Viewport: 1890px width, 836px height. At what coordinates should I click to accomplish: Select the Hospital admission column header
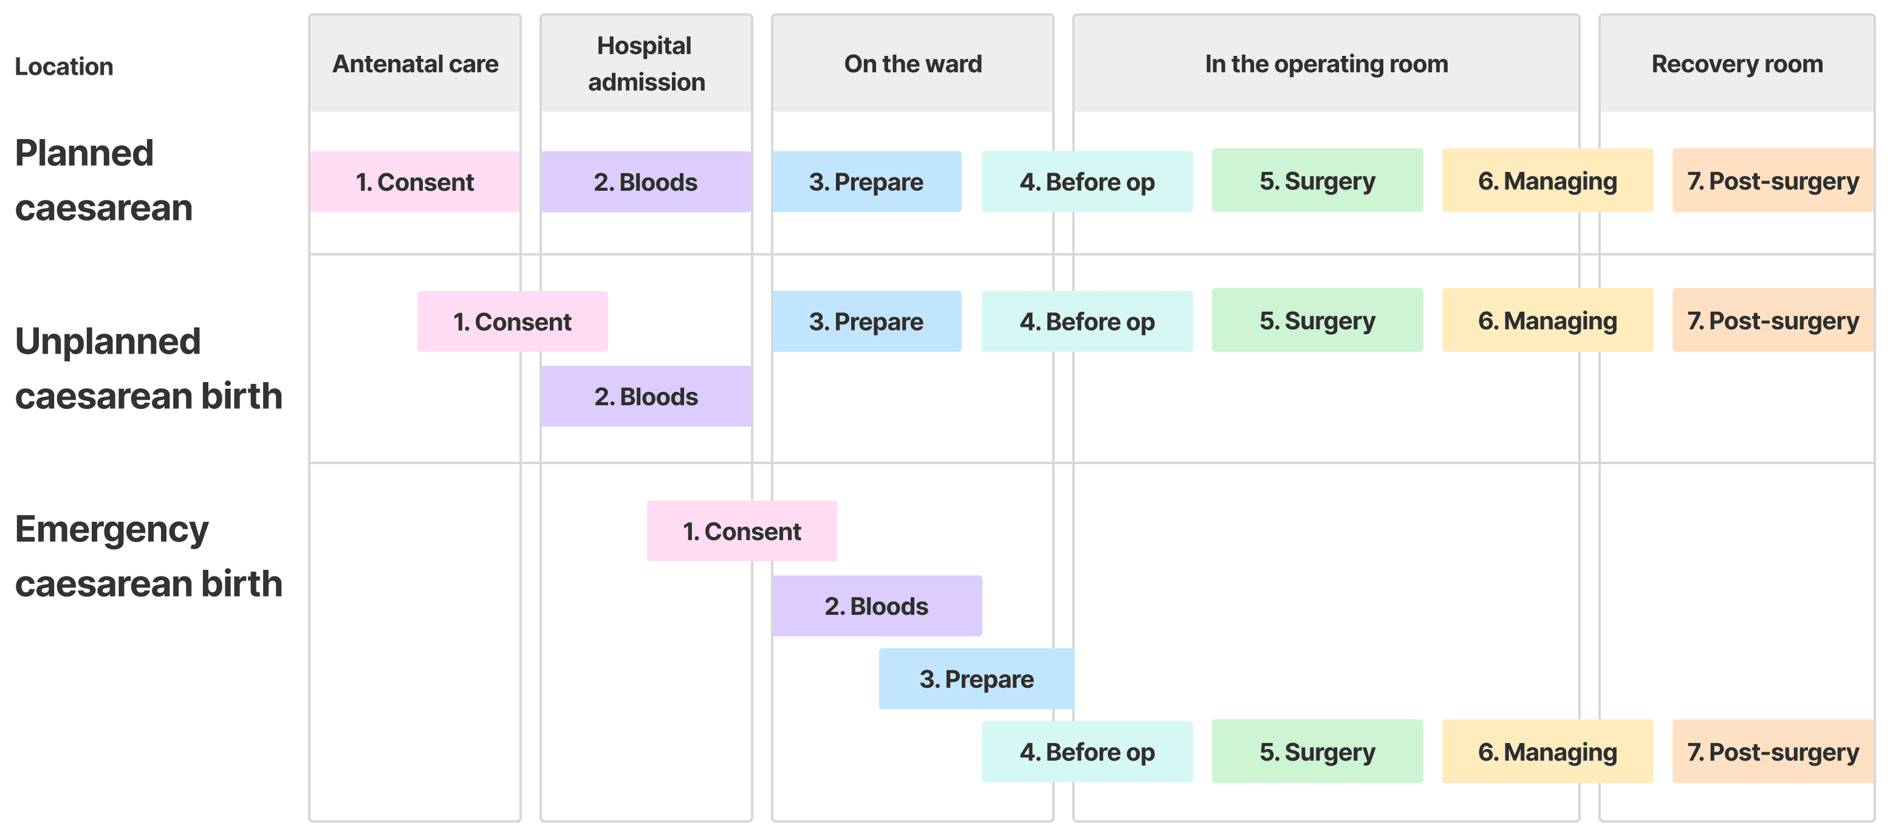click(x=646, y=64)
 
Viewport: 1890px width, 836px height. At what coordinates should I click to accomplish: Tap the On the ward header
click(x=912, y=64)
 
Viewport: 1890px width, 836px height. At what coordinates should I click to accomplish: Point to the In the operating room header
click(x=1326, y=64)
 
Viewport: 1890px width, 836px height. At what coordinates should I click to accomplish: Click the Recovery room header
click(x=1737, y=64)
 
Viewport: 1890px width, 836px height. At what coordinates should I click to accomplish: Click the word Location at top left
click(x=64, y=67)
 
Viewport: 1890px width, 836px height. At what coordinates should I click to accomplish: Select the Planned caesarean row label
click(x=103, y=180)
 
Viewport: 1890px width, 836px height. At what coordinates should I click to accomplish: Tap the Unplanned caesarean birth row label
click(x=148, y=368)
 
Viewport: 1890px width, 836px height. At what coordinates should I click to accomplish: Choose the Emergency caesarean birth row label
click(x=148, y=557)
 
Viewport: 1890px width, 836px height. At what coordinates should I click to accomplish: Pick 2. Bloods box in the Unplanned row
click(x=646, y=396)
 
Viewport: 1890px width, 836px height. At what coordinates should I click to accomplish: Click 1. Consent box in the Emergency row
click(x=742, y=532)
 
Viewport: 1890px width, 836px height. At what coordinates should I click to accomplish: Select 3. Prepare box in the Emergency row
click(x=976, y=679)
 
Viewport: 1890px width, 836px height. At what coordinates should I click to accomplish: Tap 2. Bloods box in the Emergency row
click(x=876, y=606)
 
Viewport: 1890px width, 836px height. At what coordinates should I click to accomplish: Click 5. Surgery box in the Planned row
click(x=1317, y=180)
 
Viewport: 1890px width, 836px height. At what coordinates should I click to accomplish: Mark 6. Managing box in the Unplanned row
click(x=1547, y=321)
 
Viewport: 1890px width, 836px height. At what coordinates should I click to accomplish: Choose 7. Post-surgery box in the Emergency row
click(x=1772, y=752)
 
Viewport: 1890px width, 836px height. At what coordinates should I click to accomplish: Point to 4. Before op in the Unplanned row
click(x=1087, y=321)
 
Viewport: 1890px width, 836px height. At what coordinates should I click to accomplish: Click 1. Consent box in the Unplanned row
click(x=512, y=321)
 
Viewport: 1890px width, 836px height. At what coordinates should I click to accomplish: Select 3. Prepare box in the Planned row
click(x=866, y=182)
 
